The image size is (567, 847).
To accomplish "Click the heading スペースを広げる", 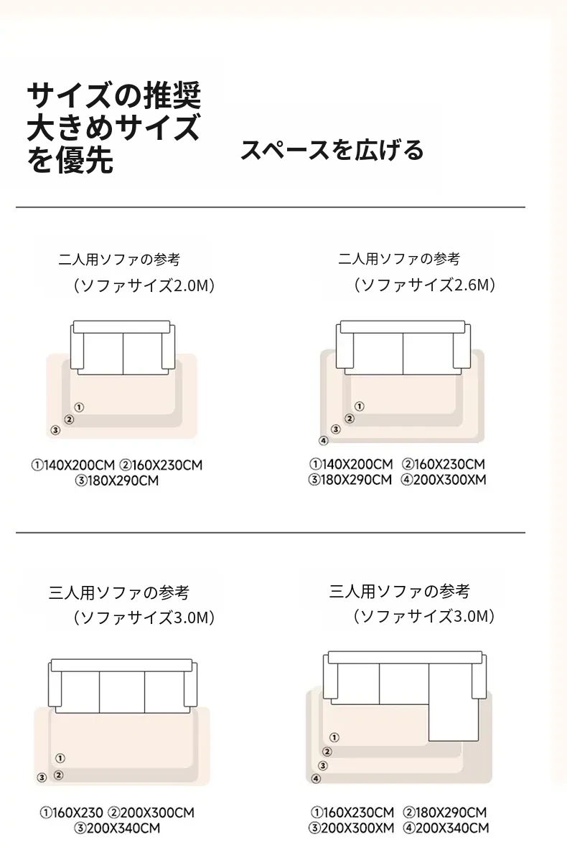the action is point(332,150).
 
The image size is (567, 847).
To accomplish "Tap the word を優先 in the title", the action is point(70,160).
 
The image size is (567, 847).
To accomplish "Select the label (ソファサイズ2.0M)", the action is point(144,285).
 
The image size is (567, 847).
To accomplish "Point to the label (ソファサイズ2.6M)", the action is point(424,284).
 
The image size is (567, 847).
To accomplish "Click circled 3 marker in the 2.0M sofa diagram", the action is point(55,430).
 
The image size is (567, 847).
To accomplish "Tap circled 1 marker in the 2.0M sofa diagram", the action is point(80,407).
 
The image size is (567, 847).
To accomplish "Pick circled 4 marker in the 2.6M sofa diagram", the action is point(323,440).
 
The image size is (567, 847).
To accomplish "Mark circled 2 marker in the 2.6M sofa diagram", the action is point(350,418).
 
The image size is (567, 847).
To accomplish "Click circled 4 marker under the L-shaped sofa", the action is point(317,778).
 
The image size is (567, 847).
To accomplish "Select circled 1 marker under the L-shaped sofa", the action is point(334,737).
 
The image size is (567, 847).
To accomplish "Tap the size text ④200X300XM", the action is point(444,480).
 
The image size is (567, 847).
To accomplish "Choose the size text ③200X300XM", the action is point(352,828).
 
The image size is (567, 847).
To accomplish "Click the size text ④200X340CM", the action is point(446,828).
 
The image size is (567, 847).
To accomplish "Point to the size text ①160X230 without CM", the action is point(71,813).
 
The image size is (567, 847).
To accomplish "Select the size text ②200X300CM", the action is point(151,813).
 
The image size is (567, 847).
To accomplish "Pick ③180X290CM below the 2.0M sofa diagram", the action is point(117,481).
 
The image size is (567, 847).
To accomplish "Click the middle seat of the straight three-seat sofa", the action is point(121,693).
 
